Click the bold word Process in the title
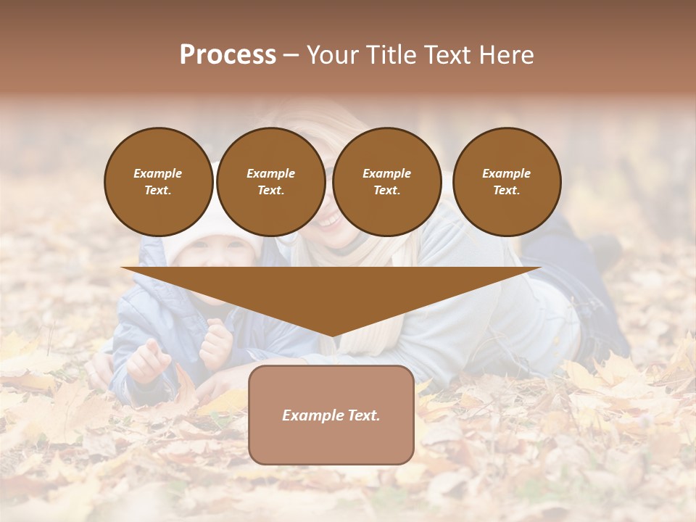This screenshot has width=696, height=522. tap(228, 55)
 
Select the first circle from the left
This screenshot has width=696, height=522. tap(158, 181)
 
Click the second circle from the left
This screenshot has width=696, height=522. tap(270, 181)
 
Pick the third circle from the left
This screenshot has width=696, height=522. tap(386, 181)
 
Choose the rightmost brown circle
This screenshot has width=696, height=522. tap(506, 181)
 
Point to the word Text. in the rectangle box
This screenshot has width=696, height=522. tap(362, 415)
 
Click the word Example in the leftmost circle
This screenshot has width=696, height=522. tap(158, 173)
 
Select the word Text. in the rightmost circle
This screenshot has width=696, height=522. tap(506, 190)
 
